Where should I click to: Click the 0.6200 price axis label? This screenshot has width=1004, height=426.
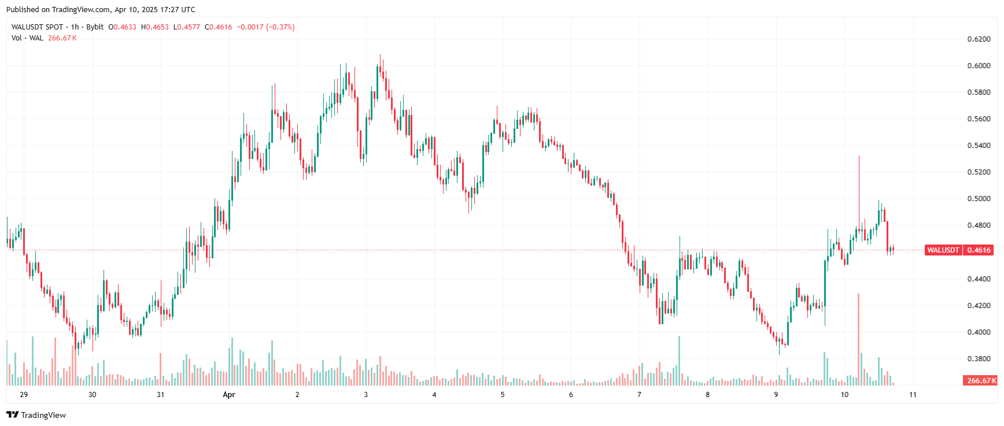[x=979, y=39]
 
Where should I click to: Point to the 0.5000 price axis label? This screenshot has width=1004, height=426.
[x=979, y=199]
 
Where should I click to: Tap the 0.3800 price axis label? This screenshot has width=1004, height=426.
[x=979, y=359]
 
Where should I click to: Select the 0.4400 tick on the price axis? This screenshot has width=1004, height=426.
[x=979, y=279]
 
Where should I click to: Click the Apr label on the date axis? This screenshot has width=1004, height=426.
[x=229, y=395]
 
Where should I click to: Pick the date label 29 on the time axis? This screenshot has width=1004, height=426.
[x=24, y=395]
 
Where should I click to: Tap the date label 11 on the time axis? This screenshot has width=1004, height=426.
[x=913, y=395]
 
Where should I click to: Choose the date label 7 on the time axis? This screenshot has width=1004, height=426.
[x=639, y=395]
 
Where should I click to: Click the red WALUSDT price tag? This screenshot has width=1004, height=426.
[x=943, y=250]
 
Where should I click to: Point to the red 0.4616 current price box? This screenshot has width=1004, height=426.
[x=979, y=250]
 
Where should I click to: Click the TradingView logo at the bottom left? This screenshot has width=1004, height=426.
[x=36, y=415]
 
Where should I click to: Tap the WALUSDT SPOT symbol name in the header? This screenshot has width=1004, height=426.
[x=37, y=27]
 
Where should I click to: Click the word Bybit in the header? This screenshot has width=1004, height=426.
[x=95, y=27]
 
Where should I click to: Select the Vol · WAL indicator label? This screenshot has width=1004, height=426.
[x=27, y=38]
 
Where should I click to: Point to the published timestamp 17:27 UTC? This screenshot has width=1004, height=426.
[x=177, y=10]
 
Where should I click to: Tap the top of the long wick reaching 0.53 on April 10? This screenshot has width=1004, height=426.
[x=859, y=156]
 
